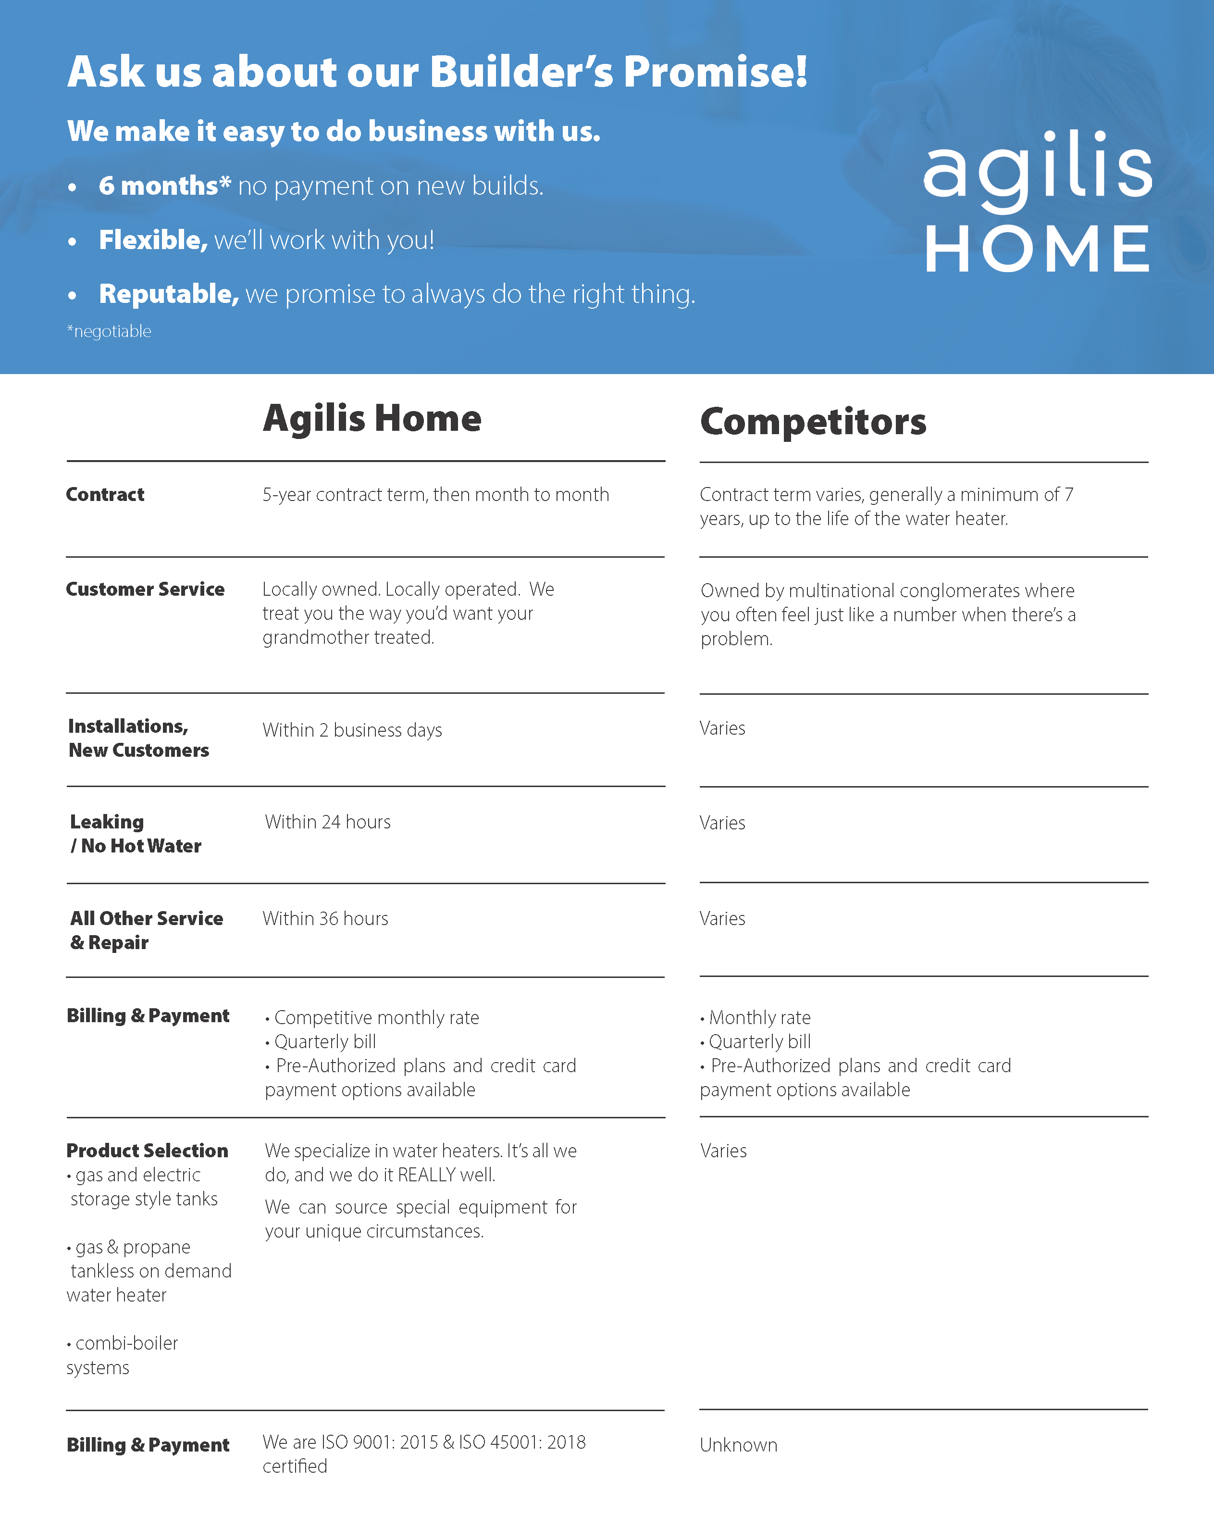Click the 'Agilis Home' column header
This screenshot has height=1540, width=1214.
pos(372,418)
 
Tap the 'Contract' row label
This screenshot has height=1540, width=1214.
pos(105,495)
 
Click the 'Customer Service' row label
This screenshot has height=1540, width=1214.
pos(145,589)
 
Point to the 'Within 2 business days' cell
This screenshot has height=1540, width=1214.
pos(352,730)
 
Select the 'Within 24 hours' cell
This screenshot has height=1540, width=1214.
pos(328,822)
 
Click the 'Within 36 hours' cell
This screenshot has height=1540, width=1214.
pos(325,919)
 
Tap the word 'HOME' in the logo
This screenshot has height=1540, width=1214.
pos(1037,249)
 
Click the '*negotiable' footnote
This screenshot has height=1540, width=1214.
pos(109,331)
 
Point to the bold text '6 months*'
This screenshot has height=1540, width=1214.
pos(165,186)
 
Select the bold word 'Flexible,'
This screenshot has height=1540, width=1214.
pos(153,240)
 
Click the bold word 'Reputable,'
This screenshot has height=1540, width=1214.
pos(169,294)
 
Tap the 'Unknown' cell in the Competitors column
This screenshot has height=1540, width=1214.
pos(739,1445)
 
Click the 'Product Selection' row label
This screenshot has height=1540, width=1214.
pos(147,1151)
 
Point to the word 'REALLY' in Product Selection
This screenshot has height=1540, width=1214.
pos(426,1175)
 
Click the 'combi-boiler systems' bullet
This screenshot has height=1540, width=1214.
pos(122,1355)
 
